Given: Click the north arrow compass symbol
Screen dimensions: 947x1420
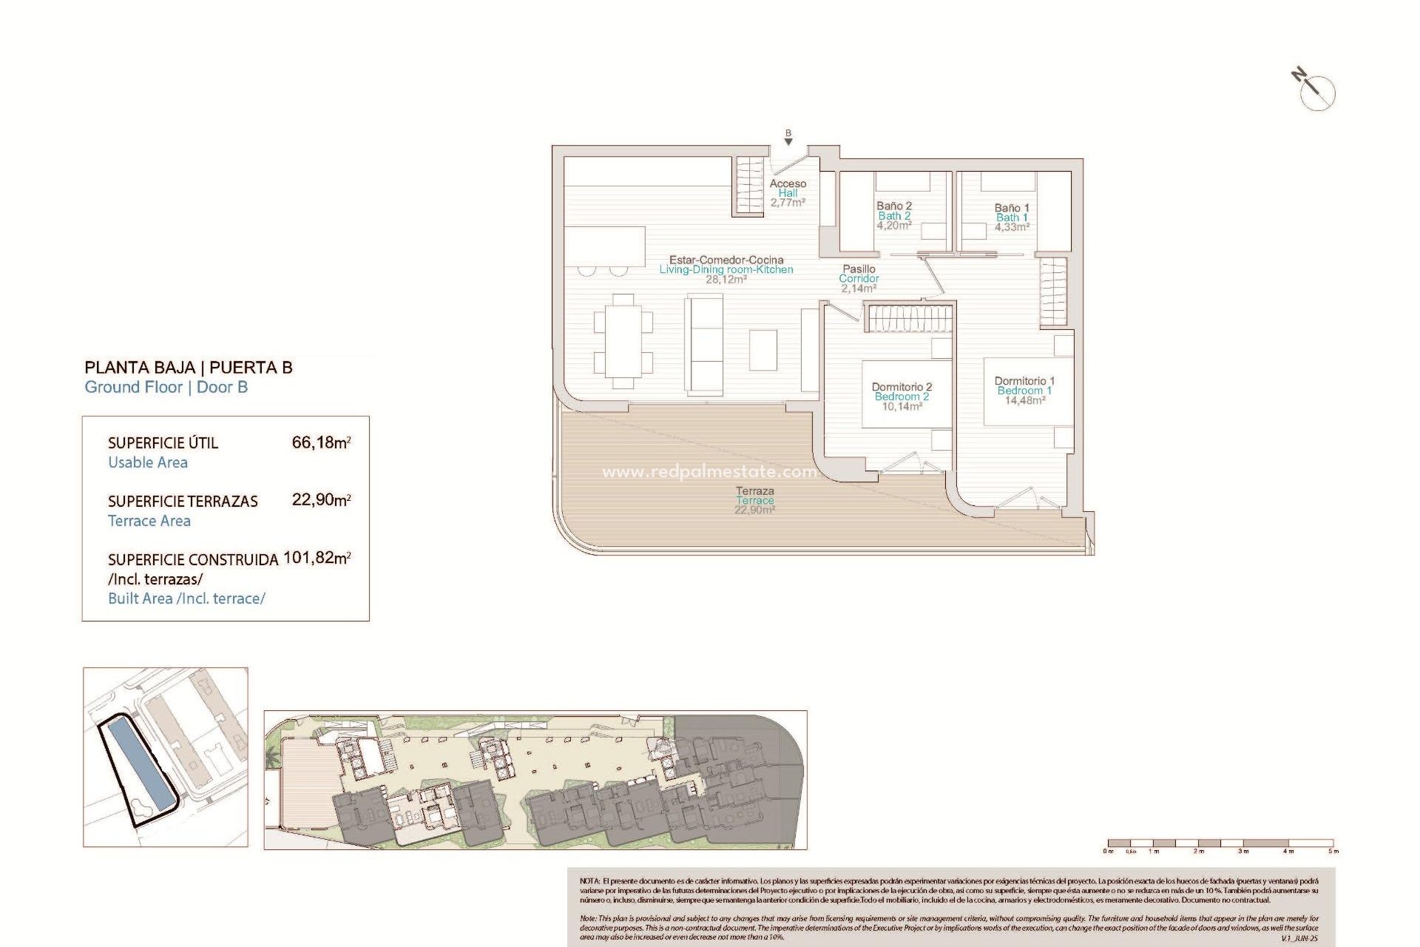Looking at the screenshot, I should click(1316, 91).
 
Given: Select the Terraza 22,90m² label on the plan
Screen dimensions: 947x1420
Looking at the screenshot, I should click(755, 501).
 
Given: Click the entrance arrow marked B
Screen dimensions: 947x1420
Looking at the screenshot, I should click(788, 138).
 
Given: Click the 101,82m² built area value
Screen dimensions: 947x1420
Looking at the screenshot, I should click(317, 558).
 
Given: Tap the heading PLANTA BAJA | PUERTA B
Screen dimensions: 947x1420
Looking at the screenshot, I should click(189, 368).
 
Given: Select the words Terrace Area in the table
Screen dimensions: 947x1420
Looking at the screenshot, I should click(149, 521).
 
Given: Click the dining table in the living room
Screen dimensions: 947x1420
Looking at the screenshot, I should click(623, 341).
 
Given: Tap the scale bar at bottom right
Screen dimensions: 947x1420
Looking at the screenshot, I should click(1220, 843).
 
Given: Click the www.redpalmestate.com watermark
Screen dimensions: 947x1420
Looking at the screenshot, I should click(709, 471).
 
